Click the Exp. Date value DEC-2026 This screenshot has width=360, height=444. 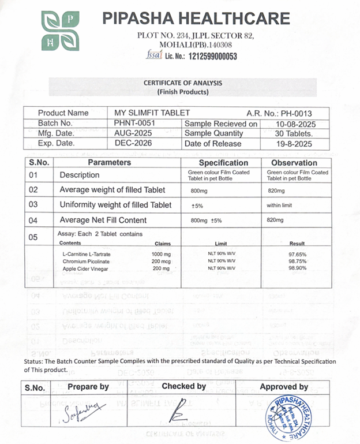pos(136,143)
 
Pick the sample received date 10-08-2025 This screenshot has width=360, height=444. pos(294,124)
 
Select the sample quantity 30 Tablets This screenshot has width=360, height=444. pos(294,133)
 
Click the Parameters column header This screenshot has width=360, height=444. pos(109,163)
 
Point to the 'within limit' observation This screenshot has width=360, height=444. pos(282,205)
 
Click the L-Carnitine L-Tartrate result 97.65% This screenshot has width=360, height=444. pos(297,254)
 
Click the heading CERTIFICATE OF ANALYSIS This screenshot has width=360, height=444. pos(183,83)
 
